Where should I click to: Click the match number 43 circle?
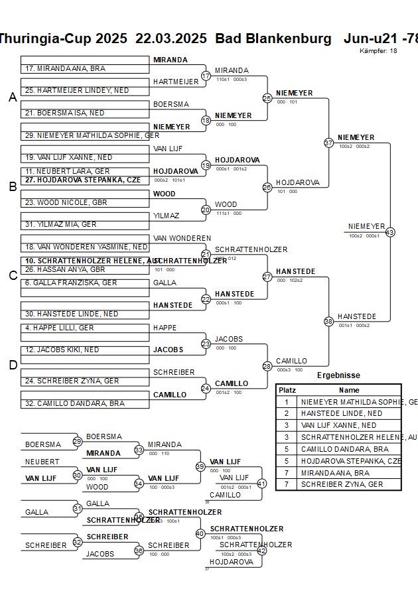pyautogui.click(x=389, y=232)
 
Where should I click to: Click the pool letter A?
pyautogui.click(x=13, y=98)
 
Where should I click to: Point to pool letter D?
pyautogui.click(x=13, y=365)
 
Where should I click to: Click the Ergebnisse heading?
pyautogui.click(x=338, y=375)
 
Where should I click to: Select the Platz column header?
pyautogui.click(x=287, y=390)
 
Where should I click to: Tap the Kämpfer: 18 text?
pyautogui.click(x=378, y=50)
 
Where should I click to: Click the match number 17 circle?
pyautogui.click(x=206, y=76)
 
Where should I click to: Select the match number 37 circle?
pyautogui.click(x=328, y=143)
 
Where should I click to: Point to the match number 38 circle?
pyautogui.click(x=328, y=321)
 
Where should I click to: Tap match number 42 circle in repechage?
pyautogui.click(x=261, y=550)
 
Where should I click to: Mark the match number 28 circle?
pyautogui.click(x=267, y=365)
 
